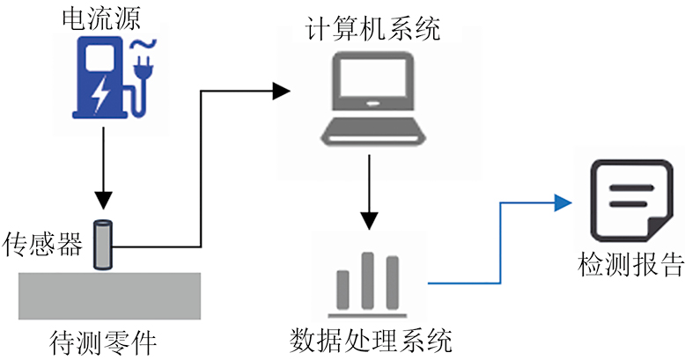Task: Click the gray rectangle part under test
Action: (109, 295)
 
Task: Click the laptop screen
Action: (368, 84)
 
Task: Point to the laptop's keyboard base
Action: (368, 135)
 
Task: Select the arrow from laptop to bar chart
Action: (371, 194)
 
